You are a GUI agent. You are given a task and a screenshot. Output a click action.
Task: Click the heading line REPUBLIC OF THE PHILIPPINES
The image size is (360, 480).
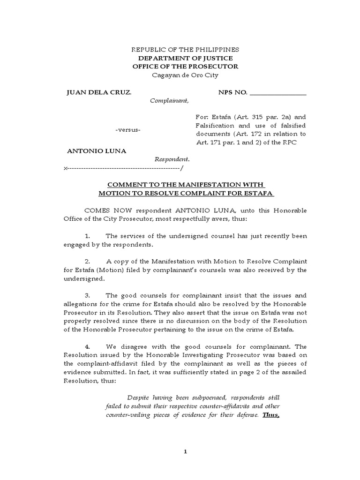pos(185,50)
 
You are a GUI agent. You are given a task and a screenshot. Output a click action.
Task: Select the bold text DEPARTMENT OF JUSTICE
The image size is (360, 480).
pos(185,58)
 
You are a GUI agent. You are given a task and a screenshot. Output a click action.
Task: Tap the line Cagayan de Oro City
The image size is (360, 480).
pos(185,75)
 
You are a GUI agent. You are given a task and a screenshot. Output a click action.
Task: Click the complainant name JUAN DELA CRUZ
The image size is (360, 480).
pos(99,92)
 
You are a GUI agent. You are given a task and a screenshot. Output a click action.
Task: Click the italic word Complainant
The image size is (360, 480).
pos(169,100)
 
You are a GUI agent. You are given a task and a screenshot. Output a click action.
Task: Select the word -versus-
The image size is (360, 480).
pos(128,129)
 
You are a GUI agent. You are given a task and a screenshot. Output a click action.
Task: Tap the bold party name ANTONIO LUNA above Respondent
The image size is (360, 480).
pos(97,151)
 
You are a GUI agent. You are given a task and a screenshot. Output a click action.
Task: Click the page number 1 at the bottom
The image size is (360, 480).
pos(185,451)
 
